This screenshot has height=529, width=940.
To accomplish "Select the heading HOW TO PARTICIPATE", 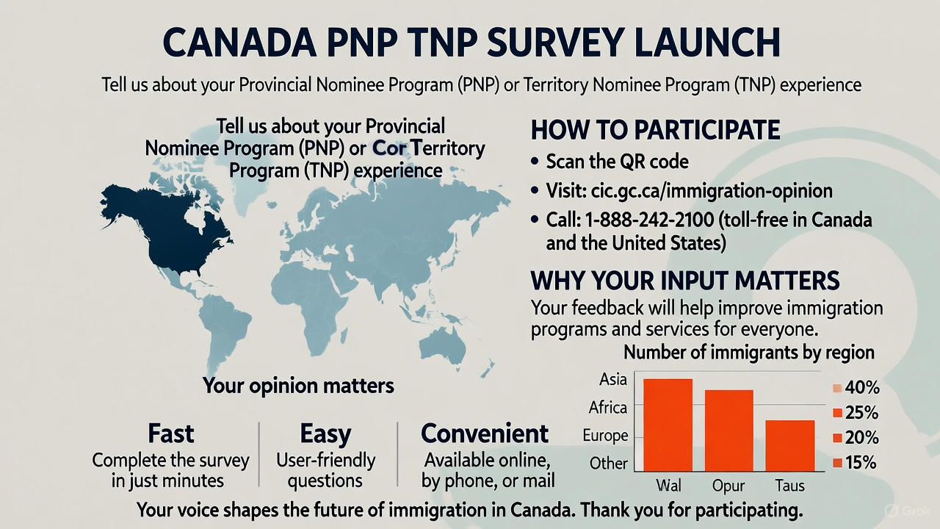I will point(654,130).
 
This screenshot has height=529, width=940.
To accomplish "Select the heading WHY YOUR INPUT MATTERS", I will point(684,281).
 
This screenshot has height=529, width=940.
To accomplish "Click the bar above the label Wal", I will point(668,424).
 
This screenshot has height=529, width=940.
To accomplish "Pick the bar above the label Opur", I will point(728,430).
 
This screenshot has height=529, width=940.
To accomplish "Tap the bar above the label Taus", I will point(789,445).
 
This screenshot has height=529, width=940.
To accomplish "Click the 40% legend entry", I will point(854,388).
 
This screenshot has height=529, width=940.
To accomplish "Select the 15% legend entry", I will point(854,463).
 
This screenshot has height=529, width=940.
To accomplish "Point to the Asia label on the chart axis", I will point(613,379).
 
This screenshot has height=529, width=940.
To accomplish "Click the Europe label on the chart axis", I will point(605,436).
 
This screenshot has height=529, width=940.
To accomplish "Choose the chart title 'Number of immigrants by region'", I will point(748,352).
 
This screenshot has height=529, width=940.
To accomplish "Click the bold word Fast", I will point(170,433).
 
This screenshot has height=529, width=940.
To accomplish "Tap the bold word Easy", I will point(325,433).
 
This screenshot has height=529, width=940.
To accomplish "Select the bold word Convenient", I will point(485,433).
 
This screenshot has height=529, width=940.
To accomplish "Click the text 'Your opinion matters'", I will point(298,385).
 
